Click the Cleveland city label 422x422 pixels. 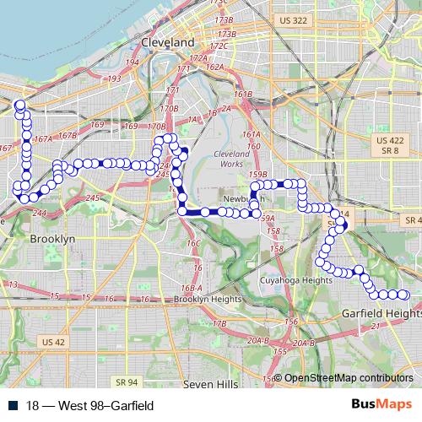click(168, 41)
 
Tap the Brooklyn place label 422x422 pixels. click(52, 239)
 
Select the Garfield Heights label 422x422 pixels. click(381, 313)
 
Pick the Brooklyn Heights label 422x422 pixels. click(208, 299)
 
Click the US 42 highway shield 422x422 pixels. click(52, 342)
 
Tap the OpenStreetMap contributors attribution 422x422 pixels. click(349, 377)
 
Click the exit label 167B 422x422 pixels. click(68, 135)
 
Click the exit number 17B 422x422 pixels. click(219, 323)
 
